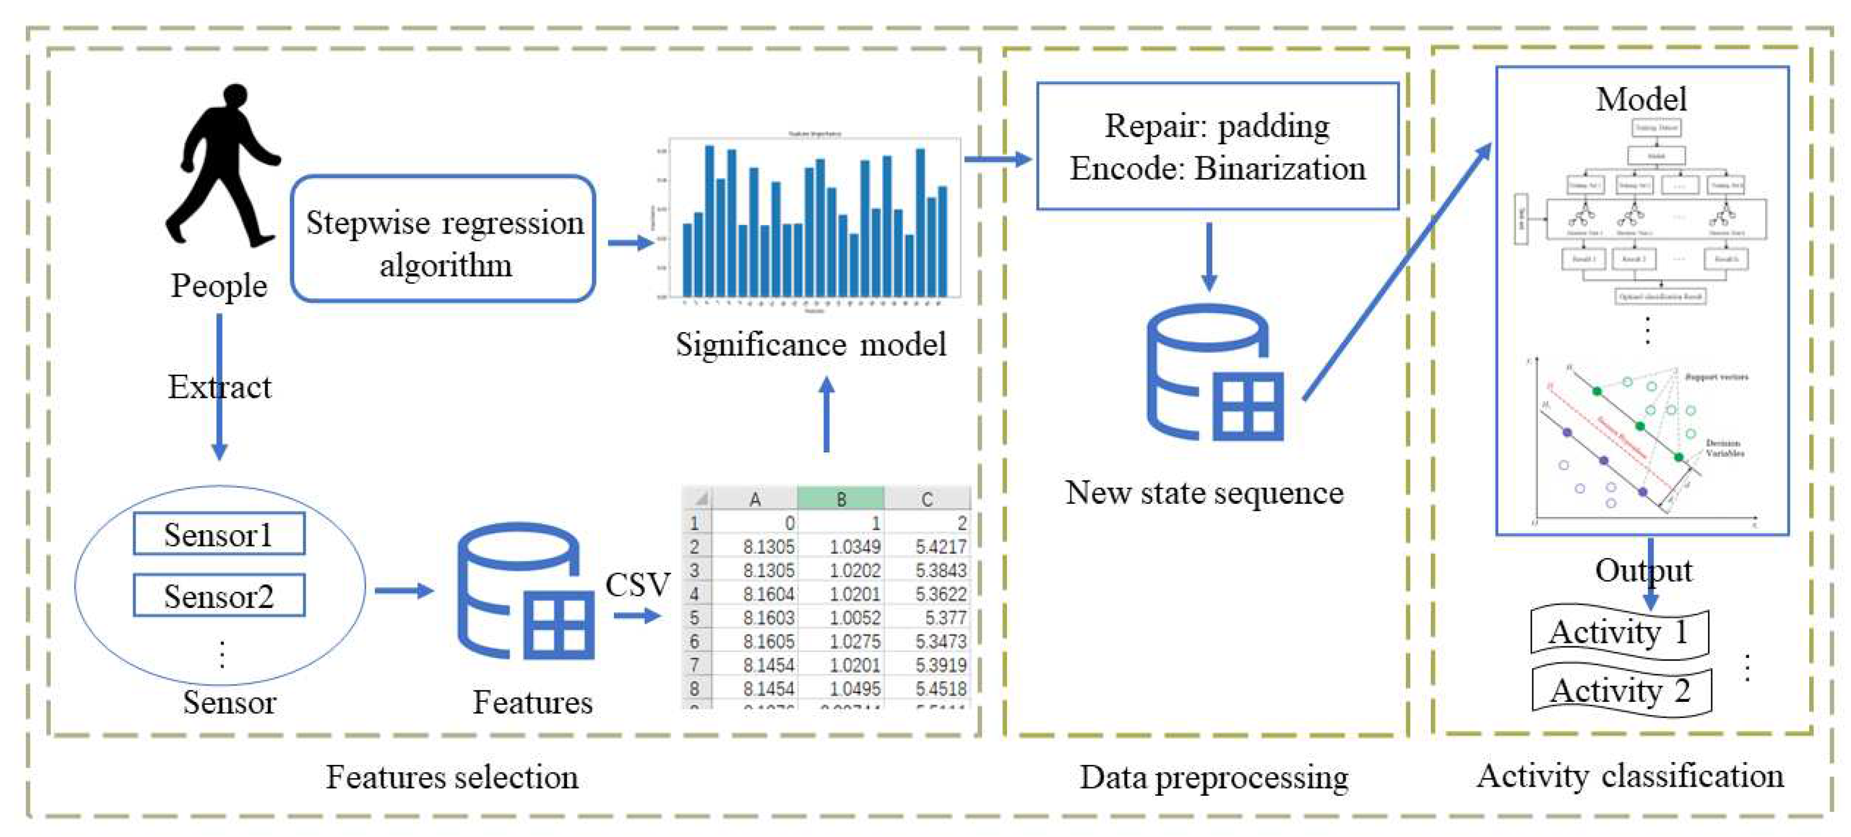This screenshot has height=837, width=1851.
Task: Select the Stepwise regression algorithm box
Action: click(443, 239)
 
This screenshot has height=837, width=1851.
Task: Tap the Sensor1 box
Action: click(219, 534)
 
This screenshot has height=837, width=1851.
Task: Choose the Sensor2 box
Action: click(219, 595)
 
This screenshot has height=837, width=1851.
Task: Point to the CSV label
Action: click(637, 584)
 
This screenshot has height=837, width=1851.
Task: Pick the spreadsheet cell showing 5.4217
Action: click(940, 547)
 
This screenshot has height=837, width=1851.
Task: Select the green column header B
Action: click(841, 498)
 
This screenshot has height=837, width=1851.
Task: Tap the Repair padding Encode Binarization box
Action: click(1217, 147)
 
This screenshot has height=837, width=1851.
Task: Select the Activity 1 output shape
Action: click(1619, 632)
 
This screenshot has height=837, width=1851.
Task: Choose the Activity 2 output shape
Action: click(1621, 691)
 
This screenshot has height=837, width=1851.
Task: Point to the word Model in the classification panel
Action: click(1641, 99)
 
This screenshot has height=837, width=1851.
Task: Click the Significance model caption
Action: click(811, 345)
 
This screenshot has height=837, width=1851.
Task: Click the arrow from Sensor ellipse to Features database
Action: click(403, 591)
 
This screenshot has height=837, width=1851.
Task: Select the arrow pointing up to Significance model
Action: click(826, 415)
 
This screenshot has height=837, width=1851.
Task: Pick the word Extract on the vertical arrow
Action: click(220, 388)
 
